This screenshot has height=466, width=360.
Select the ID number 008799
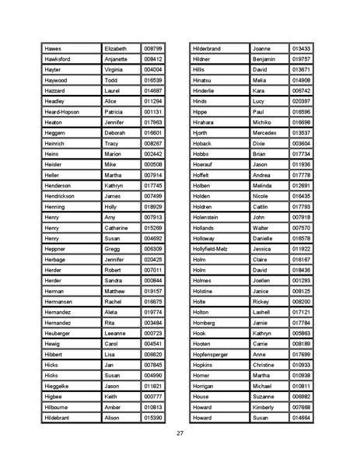pos(153,48)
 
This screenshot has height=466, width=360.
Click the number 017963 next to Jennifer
pos(153,122)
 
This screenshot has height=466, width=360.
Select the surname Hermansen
pos(61,302)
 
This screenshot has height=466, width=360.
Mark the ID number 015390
pos(153,418)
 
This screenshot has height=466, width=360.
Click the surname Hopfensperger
pos(214,354)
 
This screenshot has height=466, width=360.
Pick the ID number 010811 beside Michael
pos(301,386)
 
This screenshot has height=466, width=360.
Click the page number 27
pos(180,433)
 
